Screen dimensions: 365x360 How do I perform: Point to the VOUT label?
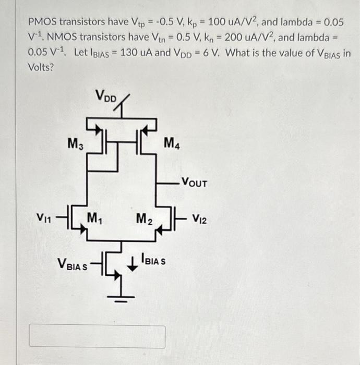194,184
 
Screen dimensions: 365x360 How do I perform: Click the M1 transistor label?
94,217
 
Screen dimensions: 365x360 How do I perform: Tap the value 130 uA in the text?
136,54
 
